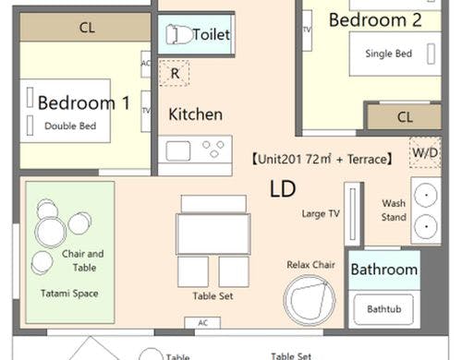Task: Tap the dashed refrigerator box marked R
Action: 174,73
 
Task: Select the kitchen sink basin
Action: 178,150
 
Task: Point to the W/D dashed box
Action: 425,152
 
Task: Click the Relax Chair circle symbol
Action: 310,300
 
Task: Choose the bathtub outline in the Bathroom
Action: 384,309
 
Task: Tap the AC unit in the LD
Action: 202,323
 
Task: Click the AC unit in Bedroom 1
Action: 146,64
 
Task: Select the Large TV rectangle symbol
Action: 353,214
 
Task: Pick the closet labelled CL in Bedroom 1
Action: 85,28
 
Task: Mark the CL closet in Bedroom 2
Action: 404,117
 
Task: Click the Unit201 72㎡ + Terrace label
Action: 322,160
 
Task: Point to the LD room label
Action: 283,188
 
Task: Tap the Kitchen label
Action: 196,114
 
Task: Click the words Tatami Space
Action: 69,294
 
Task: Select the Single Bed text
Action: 388,54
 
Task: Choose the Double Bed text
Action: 70,126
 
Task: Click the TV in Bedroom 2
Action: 307,30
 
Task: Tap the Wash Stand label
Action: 394,210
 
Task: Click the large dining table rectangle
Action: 213,234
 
